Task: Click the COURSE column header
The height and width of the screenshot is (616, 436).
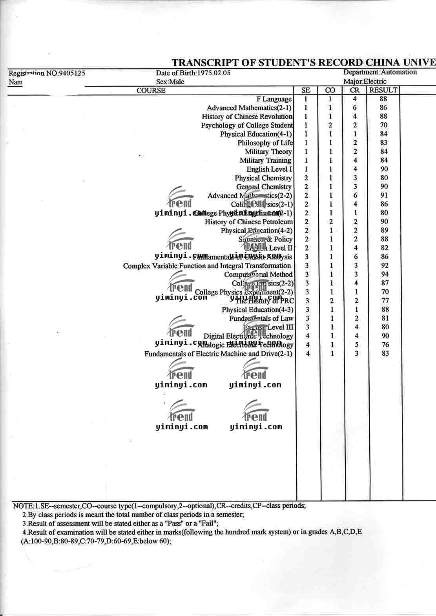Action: tap(151, 91)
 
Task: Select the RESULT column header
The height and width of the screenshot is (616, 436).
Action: tap(383, 90)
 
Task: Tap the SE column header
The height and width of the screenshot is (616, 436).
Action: tap(306, 90)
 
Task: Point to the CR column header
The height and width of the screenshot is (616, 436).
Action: tap(354, 90)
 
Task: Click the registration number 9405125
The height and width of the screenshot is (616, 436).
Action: tap(71, 73)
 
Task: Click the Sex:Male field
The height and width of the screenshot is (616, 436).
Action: tap(170, 82)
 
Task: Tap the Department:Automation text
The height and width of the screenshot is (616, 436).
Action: tap(380, 72)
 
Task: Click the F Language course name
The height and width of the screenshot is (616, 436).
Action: tap(274, 99)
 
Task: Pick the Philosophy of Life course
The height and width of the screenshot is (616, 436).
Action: tap(265, 143)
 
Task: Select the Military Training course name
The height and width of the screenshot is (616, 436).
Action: tap(266, 160)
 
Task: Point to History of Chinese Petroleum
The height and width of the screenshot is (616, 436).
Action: tap(249, 222)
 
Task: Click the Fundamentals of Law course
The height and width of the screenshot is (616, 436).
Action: tap(261, 318)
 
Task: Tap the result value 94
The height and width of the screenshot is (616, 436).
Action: tap(385, 274)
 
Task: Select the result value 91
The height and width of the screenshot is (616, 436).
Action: tap(384, 195)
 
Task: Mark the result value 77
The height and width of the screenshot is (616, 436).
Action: tap(385, 301)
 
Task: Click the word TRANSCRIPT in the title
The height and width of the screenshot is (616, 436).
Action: tap(207, 63)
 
